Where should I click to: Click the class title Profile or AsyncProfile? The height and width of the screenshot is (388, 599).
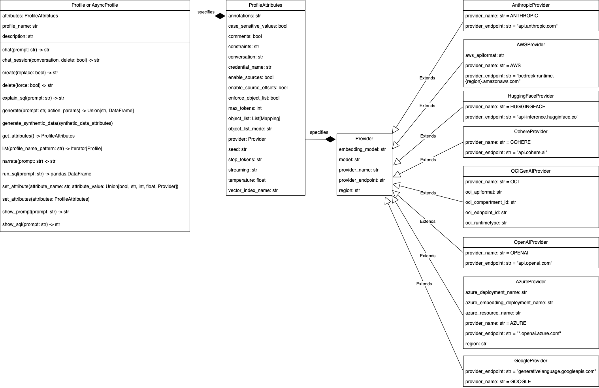click(95, 5)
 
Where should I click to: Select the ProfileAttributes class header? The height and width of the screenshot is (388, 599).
click(266, 5)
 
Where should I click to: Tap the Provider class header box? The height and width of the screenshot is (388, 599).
click(364, 139)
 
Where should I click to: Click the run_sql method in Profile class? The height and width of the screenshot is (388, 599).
click(47, 174)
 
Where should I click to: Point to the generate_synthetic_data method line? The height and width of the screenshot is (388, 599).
click(57, 123)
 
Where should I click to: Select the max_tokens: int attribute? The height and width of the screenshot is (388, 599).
click(245, 108)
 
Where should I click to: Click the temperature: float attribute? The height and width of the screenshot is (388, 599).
click(247, 180)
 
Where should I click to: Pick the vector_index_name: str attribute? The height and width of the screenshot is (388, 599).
click(253, 190)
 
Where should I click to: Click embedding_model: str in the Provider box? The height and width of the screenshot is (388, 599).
click(362, 149)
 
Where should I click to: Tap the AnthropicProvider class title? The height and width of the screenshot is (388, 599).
click(531, 5)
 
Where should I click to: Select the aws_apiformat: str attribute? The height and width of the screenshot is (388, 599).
click(485, 55)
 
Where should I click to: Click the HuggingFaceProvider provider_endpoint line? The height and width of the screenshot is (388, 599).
click(522, 117)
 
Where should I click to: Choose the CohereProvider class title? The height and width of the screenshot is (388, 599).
click(531, 132)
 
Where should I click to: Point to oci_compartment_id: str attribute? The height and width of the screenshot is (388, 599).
click(491, 202)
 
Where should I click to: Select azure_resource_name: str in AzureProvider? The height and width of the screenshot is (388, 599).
click(493, 313)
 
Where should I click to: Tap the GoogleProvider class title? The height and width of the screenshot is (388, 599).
click(531, 361)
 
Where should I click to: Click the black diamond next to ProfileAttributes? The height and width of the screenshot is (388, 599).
click(220, 16)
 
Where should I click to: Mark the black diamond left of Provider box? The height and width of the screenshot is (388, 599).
click(330, 139)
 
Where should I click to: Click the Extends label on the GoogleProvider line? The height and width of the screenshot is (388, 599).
click(424, 284)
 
